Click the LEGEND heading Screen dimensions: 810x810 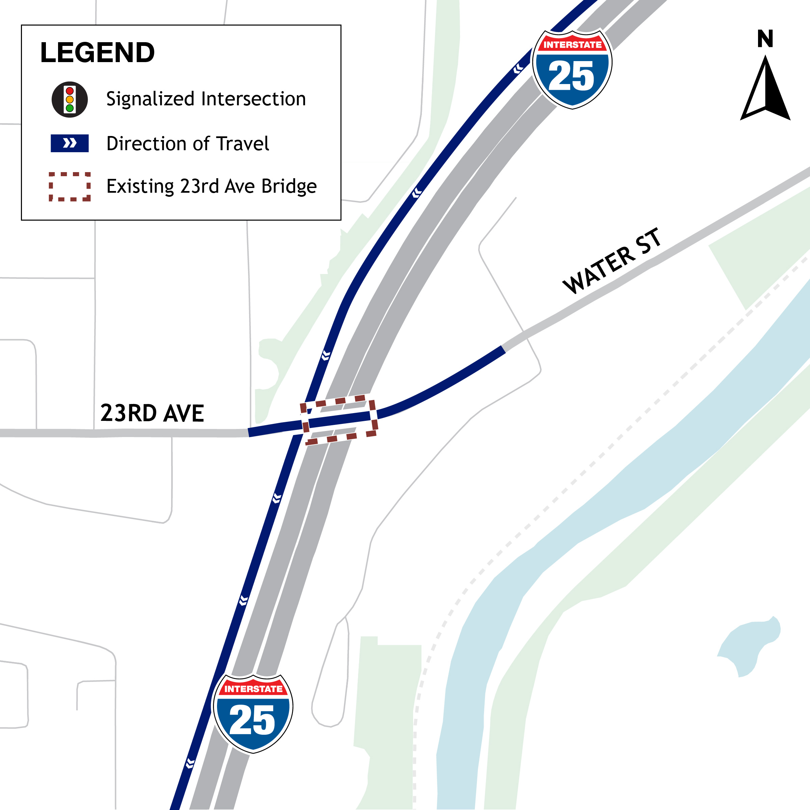(x=97, y=53)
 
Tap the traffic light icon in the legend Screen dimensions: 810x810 (x=70, y=99)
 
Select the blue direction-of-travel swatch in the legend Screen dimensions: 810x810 (x=70, y=143)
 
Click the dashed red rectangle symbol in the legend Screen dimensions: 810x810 (x=70, y=187)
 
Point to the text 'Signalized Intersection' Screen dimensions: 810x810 (x=206, y=99)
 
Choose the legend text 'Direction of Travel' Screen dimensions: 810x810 (x=187, y=144)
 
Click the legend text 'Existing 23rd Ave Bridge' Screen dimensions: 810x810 (x=211, y=186)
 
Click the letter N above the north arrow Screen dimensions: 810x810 (x=765, y=39)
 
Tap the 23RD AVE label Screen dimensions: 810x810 (x=152, y=413)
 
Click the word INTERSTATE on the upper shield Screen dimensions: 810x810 (x=572, y=45)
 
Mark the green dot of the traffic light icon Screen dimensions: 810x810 (x=70, y=108)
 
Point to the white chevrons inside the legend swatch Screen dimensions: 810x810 (x=70, y=143)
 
